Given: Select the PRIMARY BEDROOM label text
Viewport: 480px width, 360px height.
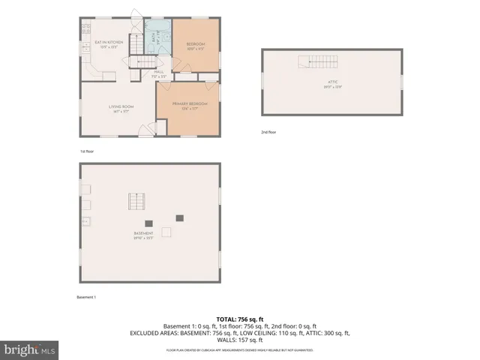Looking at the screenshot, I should [190, 103].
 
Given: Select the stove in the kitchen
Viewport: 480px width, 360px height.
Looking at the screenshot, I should [85, 31].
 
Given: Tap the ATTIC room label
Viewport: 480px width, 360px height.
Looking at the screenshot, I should [333, 83].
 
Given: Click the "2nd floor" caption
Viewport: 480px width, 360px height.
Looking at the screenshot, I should [268, 132].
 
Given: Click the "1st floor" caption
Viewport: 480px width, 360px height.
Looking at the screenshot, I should [87, 151].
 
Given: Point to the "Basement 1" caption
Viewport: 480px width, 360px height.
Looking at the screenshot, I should [86, 297].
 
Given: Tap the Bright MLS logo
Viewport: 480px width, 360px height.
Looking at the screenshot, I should [30, 349].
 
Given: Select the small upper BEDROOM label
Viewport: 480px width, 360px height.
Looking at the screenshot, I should [195, 44].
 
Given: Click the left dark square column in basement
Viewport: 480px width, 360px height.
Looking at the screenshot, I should [149, 223].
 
